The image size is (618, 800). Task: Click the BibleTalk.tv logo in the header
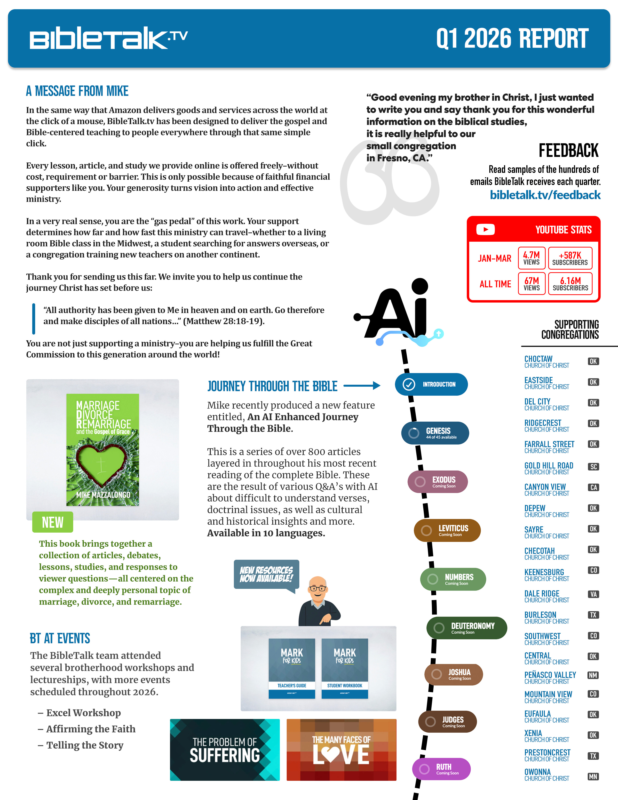(x=108, y=38)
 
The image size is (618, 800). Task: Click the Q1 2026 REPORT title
(x=512, y=39)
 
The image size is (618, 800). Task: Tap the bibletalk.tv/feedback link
(x=545, y=195)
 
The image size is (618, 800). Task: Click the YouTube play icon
(x=485, y=230)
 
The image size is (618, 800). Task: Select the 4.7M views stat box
(x=531, y=258)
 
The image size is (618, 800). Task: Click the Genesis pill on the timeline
(x=435, y=433)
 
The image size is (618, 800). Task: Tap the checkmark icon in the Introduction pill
(x=409, y=384)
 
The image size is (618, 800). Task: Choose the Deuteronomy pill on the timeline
(x=467, y=628)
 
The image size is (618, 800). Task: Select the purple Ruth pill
(x=441, y=769)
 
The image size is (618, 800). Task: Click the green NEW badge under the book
(x=53, y=522)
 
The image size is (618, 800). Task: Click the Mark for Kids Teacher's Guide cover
(x=292, y=669)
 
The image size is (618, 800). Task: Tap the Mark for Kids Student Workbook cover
(x=345, y=669)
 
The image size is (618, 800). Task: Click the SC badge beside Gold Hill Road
(x=593, y=467)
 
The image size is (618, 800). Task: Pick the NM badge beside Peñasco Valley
(x=593, y=675)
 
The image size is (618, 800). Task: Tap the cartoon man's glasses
(x=317, y=589)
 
